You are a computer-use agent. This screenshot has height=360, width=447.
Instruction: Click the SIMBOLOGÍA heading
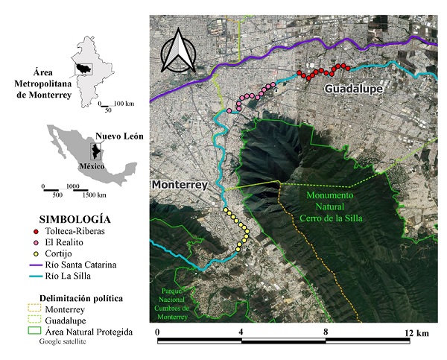click(74, 219)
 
